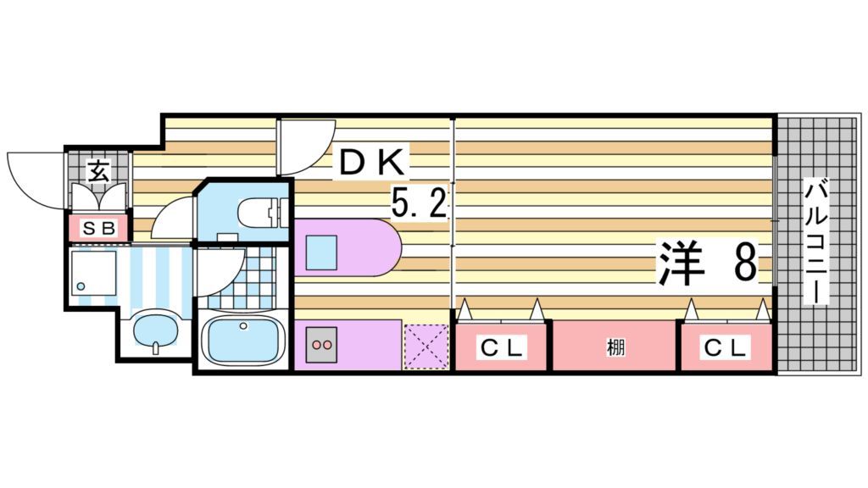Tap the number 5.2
point(419,203)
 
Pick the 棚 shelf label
point(615,347)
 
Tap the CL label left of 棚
point(504,347)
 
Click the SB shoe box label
point(98,228)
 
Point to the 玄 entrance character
point(98,172)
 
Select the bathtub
point(243,339)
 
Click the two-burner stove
point(322,345)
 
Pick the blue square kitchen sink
point(322,251)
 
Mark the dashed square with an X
point(425,347)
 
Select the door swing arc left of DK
point(307,147)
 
